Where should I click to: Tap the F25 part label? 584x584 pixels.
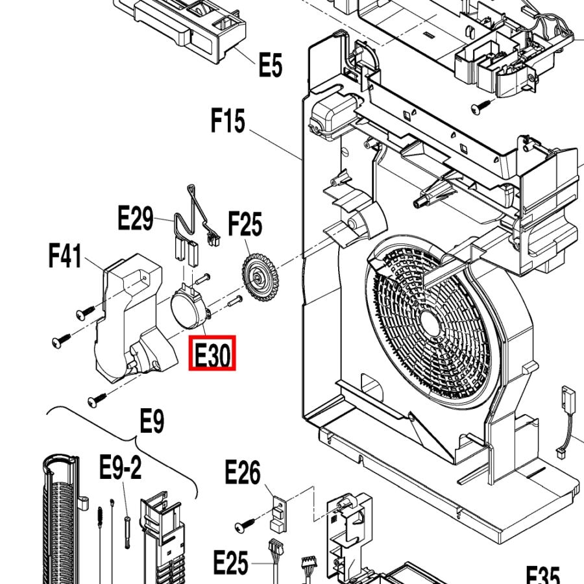tap(245, 224)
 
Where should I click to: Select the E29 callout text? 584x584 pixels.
tap(135, 218)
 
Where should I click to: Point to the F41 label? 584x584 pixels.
tap(65, 256)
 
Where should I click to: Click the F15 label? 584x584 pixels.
tap(228, 120)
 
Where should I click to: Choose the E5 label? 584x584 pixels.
tap(271, 64)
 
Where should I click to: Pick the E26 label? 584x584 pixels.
tap(243, 472)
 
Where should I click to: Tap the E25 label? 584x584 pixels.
tap(230, 563)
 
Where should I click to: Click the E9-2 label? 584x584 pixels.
tap(120, 467)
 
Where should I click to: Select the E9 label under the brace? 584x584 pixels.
tap(152, 420)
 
